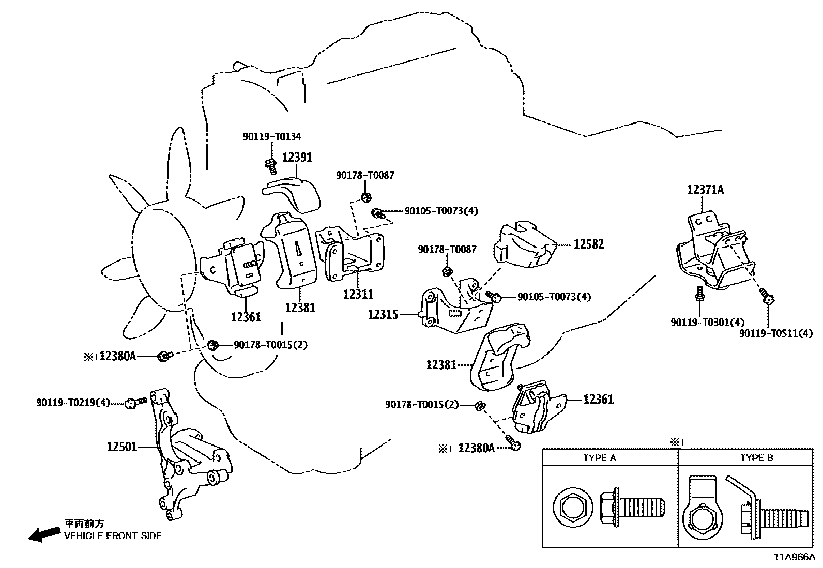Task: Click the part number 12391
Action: (297, 157)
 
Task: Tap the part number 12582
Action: (588, 243)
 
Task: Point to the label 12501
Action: (122, 446)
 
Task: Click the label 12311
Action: (358, 294)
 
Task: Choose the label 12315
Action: (383, 314)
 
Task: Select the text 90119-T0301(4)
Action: (700, 322)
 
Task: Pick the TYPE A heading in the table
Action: (599, 458)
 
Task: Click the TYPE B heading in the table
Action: (756, 458)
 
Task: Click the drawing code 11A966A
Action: (794, 557)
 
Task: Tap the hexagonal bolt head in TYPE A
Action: (570, 508)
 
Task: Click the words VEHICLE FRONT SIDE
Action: (113, 536)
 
